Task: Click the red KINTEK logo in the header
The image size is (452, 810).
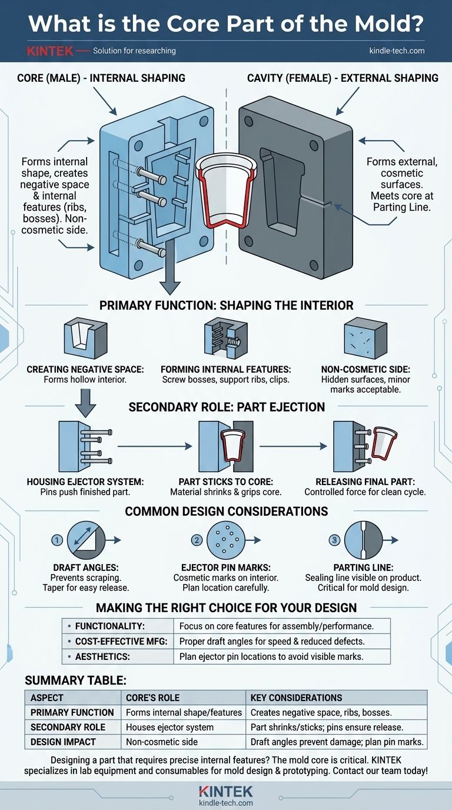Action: click(49, 51)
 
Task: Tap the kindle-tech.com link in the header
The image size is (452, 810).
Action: click(397, 51)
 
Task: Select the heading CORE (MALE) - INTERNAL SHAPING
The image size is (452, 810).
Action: click(101, 78)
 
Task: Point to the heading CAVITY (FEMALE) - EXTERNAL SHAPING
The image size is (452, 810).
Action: click(343, 78)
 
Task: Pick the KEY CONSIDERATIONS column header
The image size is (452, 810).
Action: click(296, 698)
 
